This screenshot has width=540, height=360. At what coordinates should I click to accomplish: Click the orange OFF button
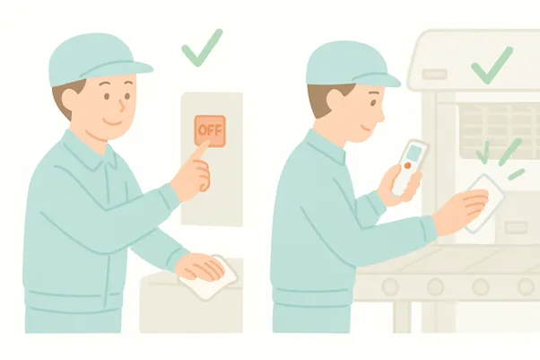[x=210, y=131]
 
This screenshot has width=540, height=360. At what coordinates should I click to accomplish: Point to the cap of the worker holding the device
[x=348, y=66]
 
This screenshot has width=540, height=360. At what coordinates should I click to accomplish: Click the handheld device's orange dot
[x=408, y=165]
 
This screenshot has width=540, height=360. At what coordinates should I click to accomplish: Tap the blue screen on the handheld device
[x=414, y=153]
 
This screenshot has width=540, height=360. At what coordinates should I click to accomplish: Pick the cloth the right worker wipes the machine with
[x=483, y=204]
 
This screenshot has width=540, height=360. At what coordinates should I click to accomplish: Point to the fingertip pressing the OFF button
[x=206, y=143]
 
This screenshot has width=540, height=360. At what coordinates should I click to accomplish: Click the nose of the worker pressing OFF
[x=122, y=105]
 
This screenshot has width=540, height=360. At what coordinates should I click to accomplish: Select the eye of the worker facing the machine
[x=374, y=102]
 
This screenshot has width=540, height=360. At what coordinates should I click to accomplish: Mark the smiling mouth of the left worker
[x=114, y=122]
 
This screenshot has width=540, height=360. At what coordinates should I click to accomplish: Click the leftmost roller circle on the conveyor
[x=390, y=286]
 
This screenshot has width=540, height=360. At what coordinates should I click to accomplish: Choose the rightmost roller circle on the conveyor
[x=527, y=286]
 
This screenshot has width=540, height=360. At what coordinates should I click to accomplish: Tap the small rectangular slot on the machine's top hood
[x=434, y=75]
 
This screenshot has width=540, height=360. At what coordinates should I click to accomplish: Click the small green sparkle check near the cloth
[x=483, y=152]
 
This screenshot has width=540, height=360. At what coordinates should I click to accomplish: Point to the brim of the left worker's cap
[x=118, y=70]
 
